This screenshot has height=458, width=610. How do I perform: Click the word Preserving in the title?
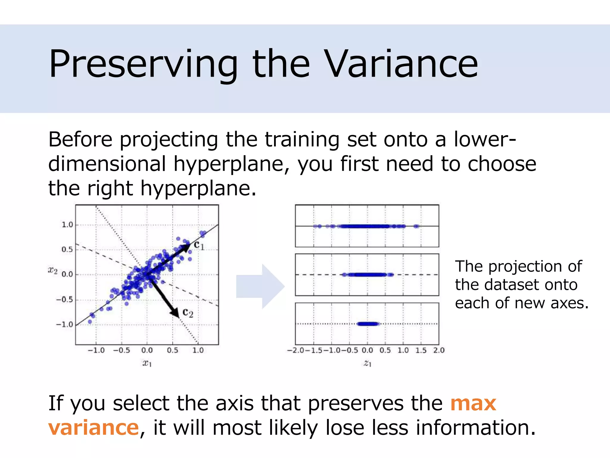coord(143,64)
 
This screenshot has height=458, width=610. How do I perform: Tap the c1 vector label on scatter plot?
coord(199,245)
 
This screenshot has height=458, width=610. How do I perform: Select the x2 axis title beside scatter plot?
coord(53,270)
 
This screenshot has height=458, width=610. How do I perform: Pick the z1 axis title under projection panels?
coord(368,363)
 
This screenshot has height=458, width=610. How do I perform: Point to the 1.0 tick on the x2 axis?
coord(67,225)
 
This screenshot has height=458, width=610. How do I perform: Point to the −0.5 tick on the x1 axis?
coord(122,350)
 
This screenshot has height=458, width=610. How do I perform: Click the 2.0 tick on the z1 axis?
coord(439,350)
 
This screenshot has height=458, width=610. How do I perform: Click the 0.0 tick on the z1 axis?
coord(367,350)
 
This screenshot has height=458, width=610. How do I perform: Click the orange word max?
coord(473,403)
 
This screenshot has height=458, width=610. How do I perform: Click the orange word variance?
coord(94,428)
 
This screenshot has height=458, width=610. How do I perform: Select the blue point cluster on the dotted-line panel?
coord(368,324)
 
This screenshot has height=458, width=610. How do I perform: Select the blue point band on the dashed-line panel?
coord(368,275)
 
